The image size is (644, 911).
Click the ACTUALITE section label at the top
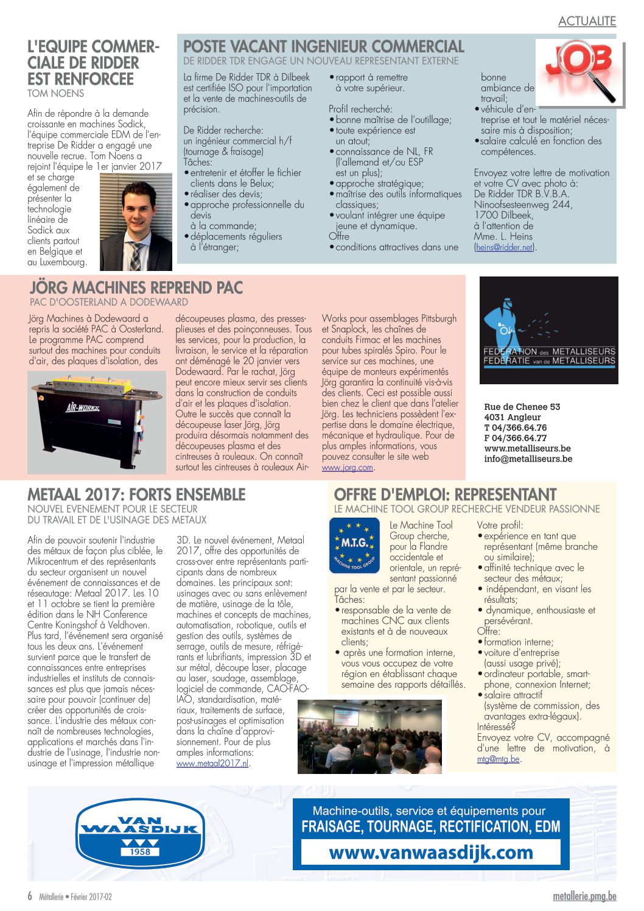587,21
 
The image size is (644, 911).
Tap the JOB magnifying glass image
580,71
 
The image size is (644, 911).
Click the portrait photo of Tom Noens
136,222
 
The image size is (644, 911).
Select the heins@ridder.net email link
504,247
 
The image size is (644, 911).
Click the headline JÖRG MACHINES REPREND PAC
136,287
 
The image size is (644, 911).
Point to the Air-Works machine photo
96,422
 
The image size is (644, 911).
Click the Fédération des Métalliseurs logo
548,330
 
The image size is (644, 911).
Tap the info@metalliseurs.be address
528,459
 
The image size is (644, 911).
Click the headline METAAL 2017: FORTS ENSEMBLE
136,494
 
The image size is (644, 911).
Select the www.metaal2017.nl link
212,763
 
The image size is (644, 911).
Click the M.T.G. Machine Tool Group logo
354,545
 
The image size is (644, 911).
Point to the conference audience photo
369,737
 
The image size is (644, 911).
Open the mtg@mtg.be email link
498,759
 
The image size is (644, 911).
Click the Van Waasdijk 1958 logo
139,833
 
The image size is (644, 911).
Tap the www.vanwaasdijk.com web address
431,853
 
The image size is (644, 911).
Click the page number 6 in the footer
30,896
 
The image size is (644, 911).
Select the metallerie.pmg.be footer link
584,896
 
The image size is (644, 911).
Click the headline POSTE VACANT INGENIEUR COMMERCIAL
323,47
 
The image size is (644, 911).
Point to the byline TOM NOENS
56,93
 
